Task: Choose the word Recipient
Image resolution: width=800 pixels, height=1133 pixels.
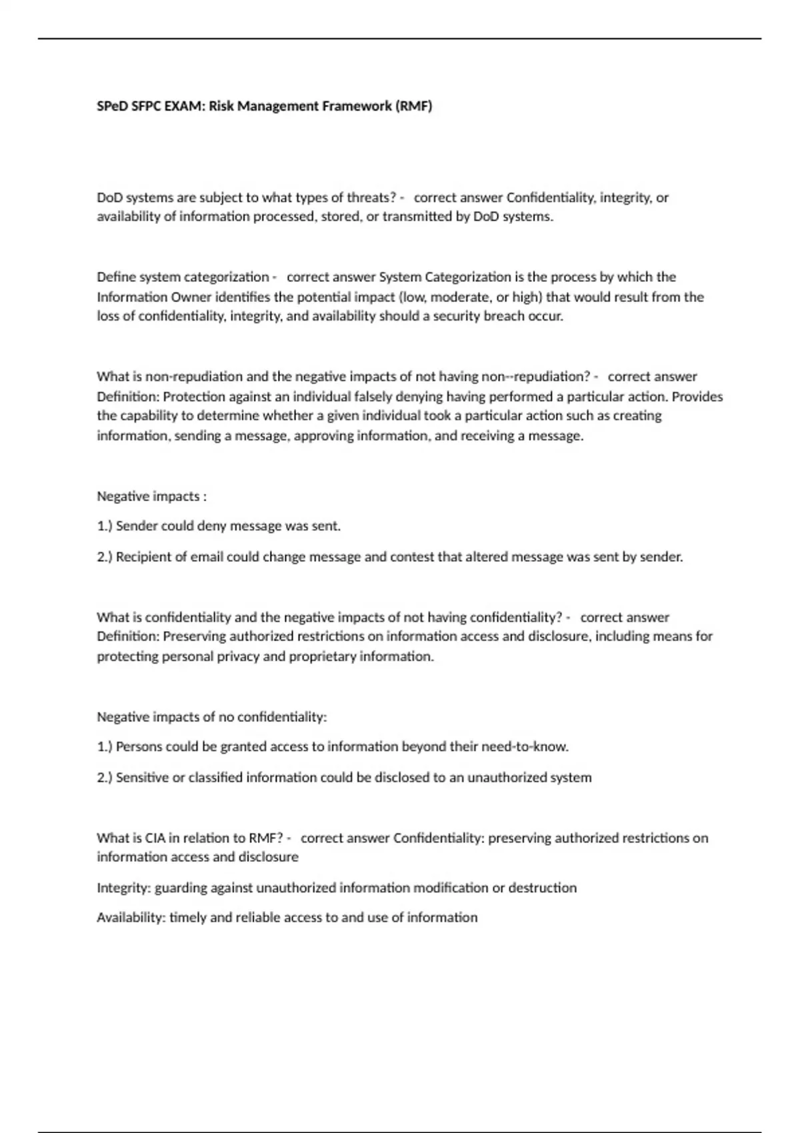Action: tap(143, 557)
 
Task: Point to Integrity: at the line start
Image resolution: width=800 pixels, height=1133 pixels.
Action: tap(124, 888)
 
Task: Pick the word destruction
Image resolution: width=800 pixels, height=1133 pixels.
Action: tap(543, 888)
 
